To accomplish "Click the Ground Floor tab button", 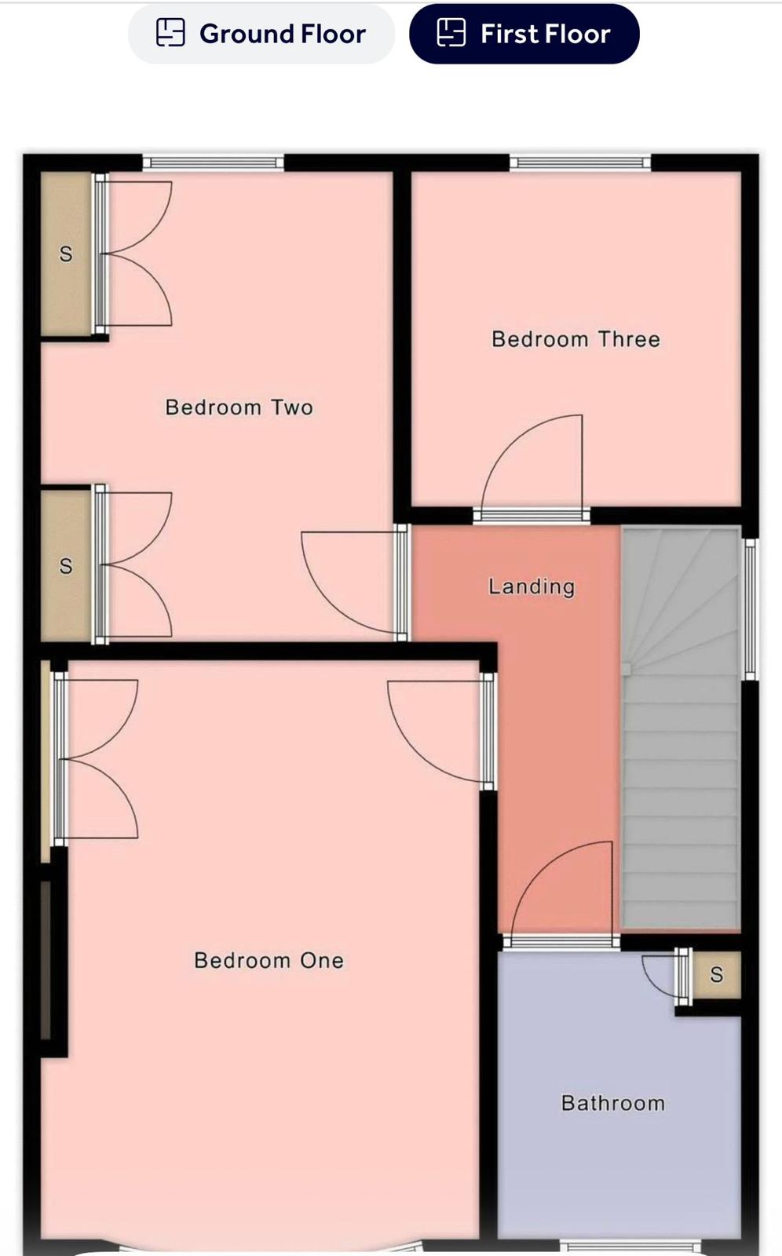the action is point(261,34).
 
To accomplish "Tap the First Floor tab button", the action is point(524,34).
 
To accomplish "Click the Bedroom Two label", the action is point(239,407).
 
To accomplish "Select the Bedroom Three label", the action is point(576,339).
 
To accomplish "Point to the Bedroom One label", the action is point(269,961).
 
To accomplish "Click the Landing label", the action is point(532,587).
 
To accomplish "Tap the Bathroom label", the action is point(612,1104).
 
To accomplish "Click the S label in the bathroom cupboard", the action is point(716,974).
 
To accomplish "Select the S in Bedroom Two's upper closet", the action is point(66,254).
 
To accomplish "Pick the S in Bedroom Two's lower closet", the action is point(66,566).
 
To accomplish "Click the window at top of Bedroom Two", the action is point(214,162).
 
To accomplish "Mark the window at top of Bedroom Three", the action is point(580,162).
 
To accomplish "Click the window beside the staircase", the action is point(750,609).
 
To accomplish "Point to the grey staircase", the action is point(681,729).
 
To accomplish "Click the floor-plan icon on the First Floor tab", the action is point(451,32).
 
